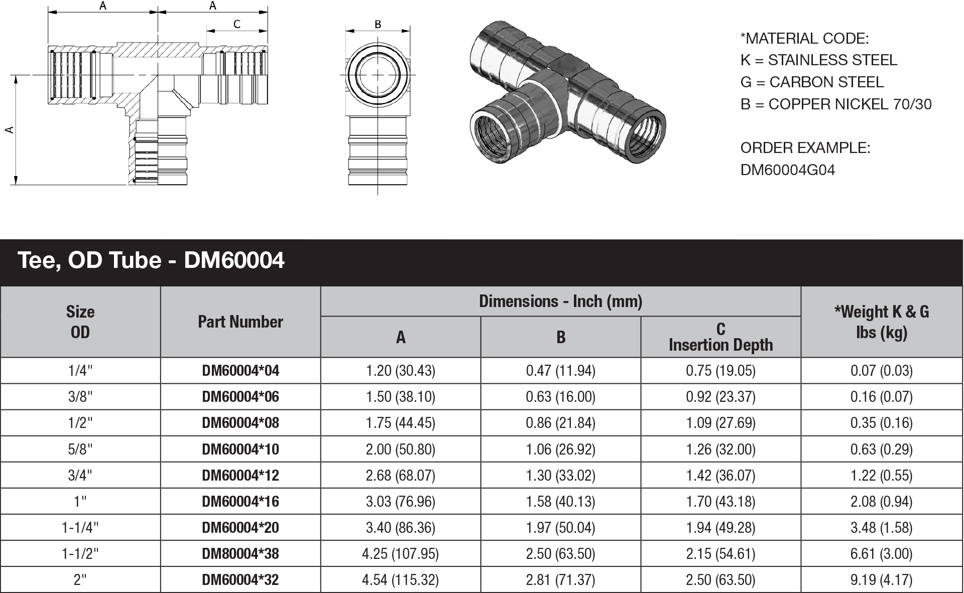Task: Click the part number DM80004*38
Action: coord(240,553)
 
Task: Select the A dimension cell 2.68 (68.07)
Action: coord(400,475)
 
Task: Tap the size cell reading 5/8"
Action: coord(80,449)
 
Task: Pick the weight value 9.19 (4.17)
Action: coord(881,579)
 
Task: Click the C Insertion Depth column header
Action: coord(720,337)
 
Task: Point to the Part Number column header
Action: coord(240,322)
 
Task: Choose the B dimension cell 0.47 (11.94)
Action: coord(560,371)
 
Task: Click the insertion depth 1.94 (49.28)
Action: coord(720,527)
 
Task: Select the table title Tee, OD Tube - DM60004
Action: coord(151,260)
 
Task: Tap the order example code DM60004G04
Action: coord(787,170)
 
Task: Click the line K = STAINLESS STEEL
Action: coord(818,60)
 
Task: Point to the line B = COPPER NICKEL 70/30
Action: coord(835,104)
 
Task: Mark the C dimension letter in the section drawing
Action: coord(237,24)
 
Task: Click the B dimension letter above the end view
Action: coord(378,24)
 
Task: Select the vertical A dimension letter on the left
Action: coord(9,130)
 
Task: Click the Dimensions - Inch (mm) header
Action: coord(560,301)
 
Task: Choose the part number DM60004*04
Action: coord(240,371)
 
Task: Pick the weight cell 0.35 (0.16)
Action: coord(881,423)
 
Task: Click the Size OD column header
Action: coord(80,322)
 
